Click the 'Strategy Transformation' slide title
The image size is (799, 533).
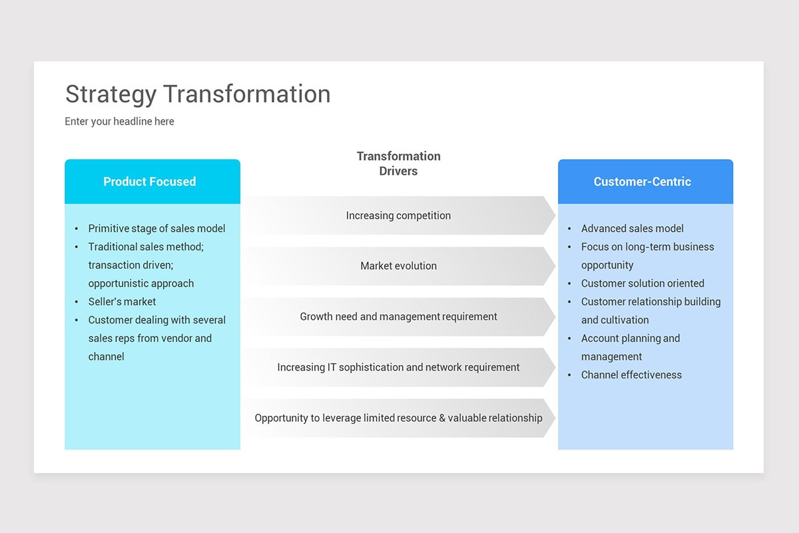(x=198, y=94)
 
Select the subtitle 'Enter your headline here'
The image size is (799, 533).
(x=119, y=121)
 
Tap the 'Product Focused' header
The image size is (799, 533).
(x=150, y=181)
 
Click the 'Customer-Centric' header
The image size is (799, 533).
(x=642, y=181)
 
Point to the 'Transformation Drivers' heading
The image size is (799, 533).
(x=398, y=163)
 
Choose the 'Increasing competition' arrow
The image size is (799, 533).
(x=398, y=215)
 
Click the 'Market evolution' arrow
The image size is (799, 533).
(x=398, y=266)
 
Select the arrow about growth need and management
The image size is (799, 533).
(x=398, y=316)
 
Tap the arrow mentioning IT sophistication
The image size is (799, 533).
(x=398, y=367)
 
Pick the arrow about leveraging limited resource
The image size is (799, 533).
(x=398, y=418)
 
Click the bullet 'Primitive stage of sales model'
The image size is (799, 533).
(x=156, y=229)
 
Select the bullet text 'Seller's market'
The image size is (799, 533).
(x=122, y=302)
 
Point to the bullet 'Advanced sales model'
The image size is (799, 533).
(x=632, y=229)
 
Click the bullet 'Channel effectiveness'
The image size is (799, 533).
(x=631, y=375)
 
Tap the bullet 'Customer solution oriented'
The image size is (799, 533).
(x=643, y=283)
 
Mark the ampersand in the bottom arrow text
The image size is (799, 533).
(x=442, y=418)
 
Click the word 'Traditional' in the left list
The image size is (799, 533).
(x=115, y=247)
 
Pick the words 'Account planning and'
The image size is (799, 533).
(x=630, y=338)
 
